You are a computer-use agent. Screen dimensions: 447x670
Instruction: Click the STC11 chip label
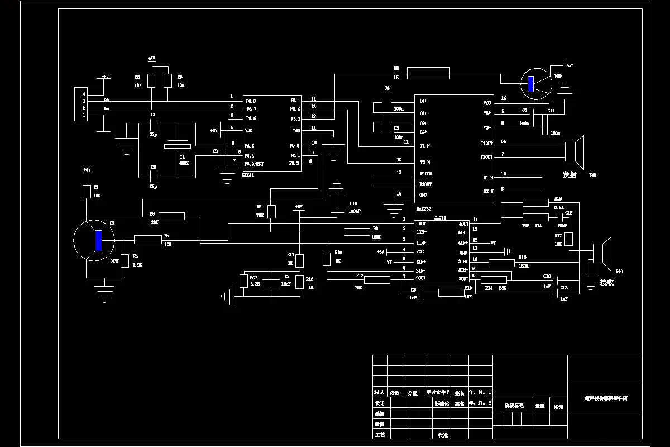coord(250,175)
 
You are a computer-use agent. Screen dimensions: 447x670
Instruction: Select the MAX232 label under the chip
coord(424,208)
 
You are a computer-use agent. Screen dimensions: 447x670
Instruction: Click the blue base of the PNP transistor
coord(531,84)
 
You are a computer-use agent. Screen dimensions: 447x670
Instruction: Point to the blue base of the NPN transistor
coord(98,240)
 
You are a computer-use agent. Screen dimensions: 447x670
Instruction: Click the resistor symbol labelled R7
coord(87,192)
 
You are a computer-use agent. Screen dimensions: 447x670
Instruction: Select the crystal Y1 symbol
coord(178,146)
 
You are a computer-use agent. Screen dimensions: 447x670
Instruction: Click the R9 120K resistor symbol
coord(171,216)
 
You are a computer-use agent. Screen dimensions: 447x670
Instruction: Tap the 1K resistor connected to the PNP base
coord(428,73)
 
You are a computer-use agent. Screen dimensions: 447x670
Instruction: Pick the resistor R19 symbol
coord(535,203)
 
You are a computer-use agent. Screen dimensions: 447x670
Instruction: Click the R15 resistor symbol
coord(501,263)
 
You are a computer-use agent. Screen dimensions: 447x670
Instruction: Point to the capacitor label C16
coord(353,203)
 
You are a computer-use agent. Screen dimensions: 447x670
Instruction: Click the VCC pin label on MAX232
coord(487,103)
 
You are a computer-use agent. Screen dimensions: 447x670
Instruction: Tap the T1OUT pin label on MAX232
coord(486,143)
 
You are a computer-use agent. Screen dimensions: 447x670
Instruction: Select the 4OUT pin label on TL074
coord(463,224)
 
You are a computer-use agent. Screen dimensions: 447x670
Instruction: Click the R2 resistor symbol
coord(151,80)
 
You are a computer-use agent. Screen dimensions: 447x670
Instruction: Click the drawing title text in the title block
coord(605,398)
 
